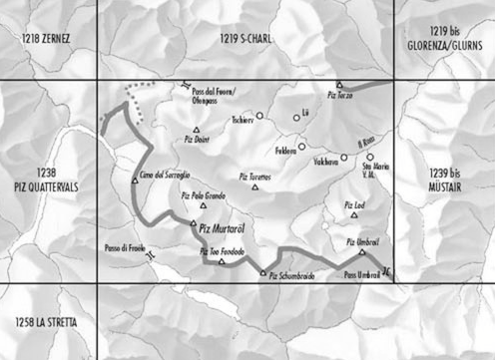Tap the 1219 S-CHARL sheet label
[x=245, y=37]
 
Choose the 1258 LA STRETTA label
[x=45, y=320]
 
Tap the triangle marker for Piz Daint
[x=198, y=131]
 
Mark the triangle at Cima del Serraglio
[x=135, y=180]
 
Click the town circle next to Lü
[x=296, y=118]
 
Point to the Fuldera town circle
[x=301, y=147]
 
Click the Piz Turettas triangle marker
[x=255, y=185]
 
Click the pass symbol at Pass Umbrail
[x=386, y=273]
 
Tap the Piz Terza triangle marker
[x=339, y=85]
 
